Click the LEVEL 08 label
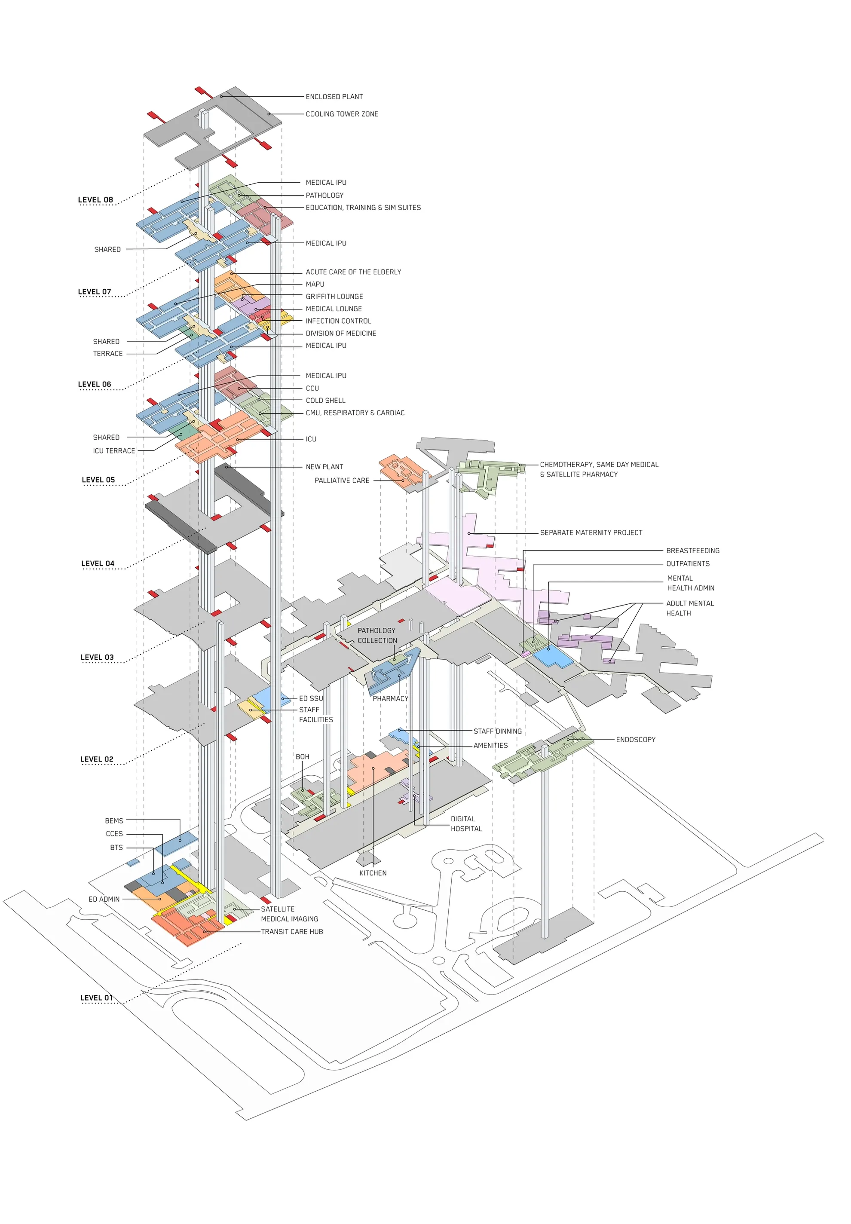[x=95, y=200]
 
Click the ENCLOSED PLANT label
[x=334, y=97]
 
